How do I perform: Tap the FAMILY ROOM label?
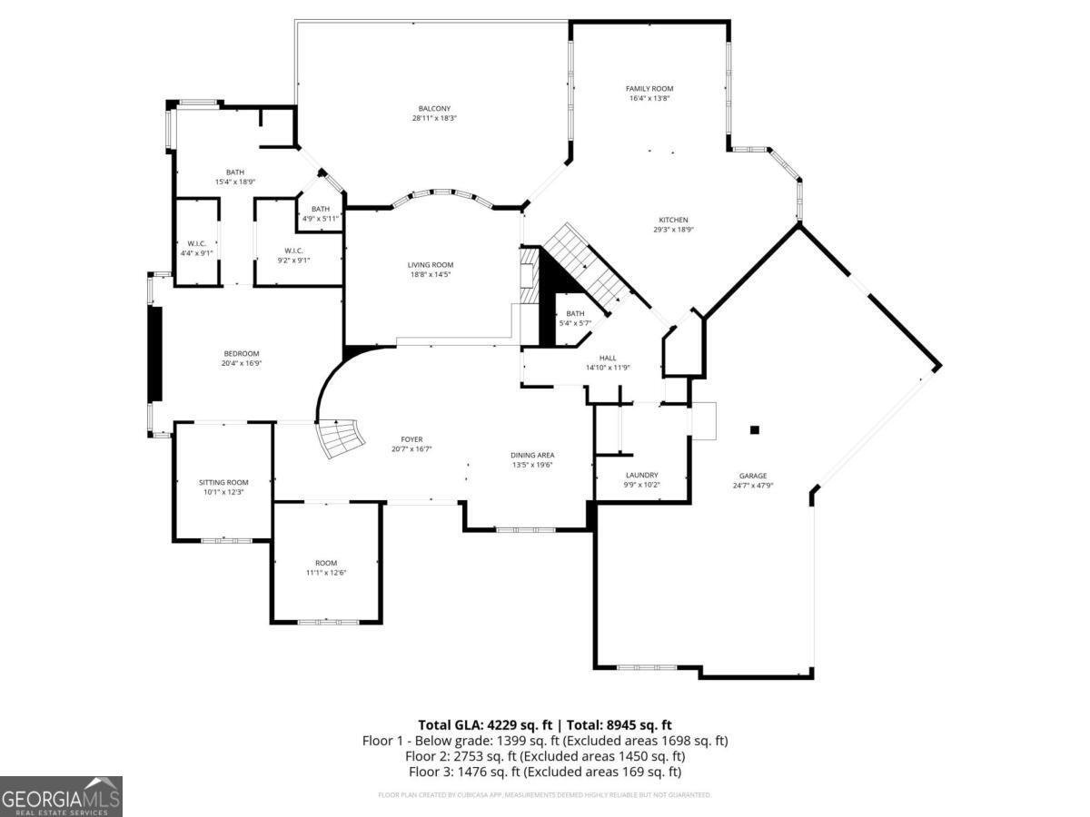point(649,89)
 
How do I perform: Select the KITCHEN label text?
point(673,220)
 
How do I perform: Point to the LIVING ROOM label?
point(430,265)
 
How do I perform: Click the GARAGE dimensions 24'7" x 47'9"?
point(752,486)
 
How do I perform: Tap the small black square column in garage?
point(754,430)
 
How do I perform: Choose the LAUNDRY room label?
point(641,475)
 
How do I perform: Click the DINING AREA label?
point(532,455)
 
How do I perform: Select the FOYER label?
point(411,439)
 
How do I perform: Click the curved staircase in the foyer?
point(342,439)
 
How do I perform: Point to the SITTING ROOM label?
point(223,482)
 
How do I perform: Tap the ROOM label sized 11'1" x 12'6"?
point(326,563)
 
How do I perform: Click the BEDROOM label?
point(242,354)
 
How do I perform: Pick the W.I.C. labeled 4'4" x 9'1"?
point(197,243)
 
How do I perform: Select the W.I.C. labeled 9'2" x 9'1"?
point(293,251)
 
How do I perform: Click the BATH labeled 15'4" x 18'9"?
point(235,172)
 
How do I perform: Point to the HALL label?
point(608,358)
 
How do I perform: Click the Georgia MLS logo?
point(61,796)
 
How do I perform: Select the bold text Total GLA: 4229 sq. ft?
point(485,724)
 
